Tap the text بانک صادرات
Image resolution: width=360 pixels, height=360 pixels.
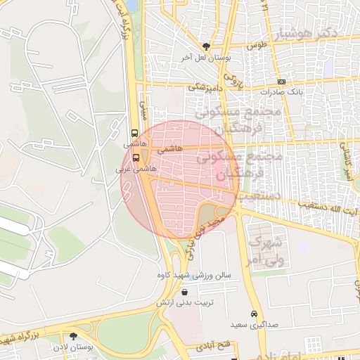coord(281,91)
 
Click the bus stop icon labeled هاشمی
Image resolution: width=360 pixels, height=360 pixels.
coord(134,132)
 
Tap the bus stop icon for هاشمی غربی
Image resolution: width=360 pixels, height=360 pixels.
coord(136,157)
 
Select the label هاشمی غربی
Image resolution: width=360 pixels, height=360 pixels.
coord(135,169)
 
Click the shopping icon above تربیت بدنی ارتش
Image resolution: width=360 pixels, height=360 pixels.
coord(184,292)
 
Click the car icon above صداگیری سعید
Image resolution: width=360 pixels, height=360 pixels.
coord(253,314)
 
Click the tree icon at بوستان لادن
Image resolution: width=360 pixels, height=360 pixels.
coord(74,336)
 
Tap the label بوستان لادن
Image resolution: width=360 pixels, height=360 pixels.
coord(70,347)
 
